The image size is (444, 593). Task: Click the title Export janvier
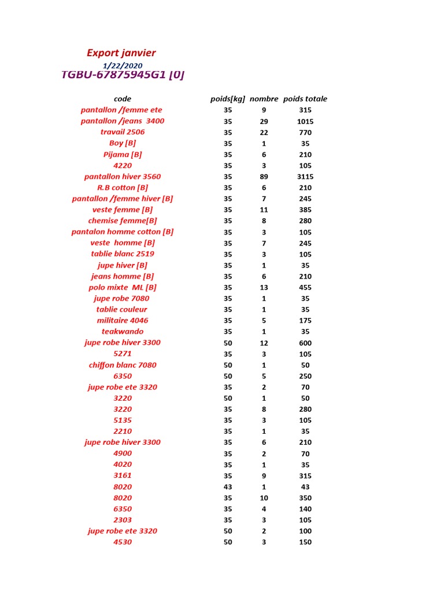click(121, 53)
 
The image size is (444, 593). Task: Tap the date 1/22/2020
click(123, 66)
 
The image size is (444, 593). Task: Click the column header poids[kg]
click(228, 99)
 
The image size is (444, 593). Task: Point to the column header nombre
click(264, 99)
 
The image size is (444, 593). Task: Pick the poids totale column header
click(305, 99)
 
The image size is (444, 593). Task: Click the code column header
click(123, 99)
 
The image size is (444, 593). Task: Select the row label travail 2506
click(123, 132)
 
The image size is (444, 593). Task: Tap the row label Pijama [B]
click(123, 155)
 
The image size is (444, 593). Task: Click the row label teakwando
click(123, 331)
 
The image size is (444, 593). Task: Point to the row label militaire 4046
click(123, 320)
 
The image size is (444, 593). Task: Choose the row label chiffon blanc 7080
click(123, 365)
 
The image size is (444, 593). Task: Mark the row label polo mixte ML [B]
click(123, 287)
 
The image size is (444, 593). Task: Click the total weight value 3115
click(305, 177)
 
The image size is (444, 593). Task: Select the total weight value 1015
click(305, 122)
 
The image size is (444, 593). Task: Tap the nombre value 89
click(264, 177)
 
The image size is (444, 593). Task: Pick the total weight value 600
click(305, 343)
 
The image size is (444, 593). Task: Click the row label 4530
click(123, 542)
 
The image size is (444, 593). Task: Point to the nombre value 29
click(264, 122)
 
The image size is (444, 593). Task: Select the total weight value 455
click(305, 287)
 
